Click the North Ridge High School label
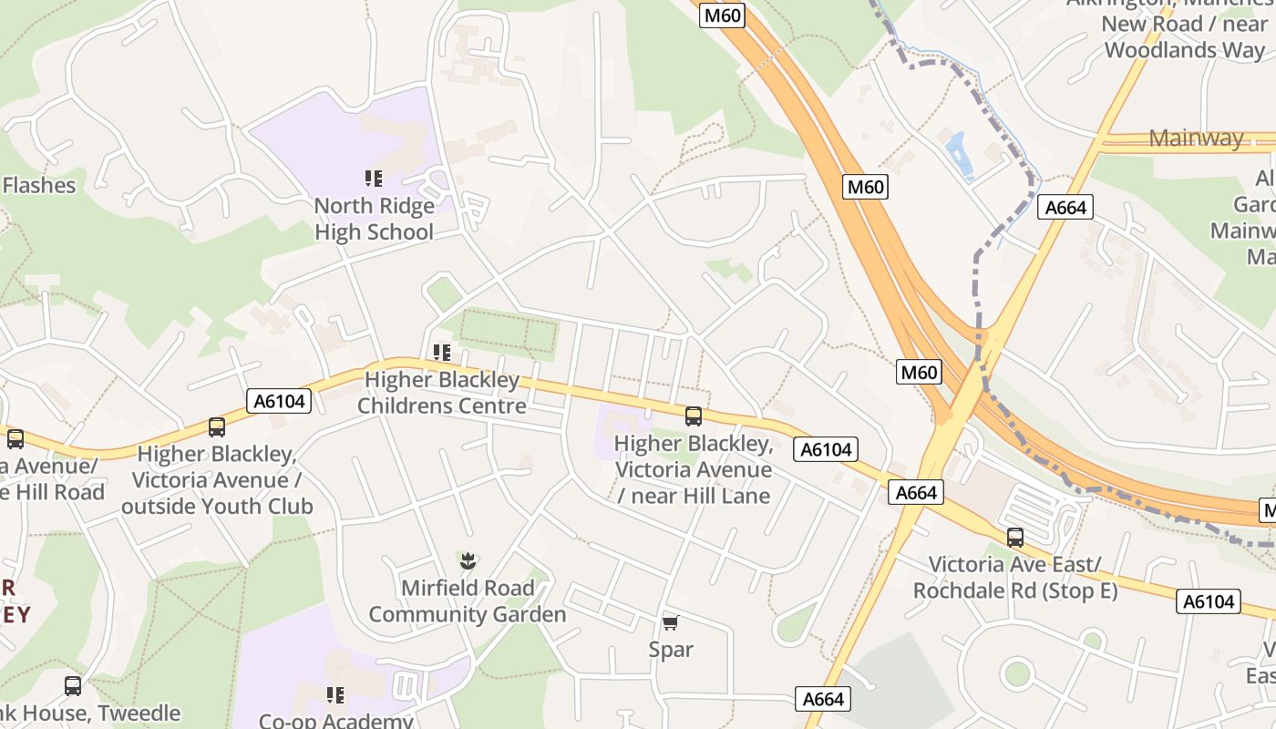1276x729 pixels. [375, 219]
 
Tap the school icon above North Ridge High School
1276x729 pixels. [374, 179]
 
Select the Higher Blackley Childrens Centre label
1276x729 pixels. [442, 393]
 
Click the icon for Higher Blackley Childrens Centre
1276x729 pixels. [442, 353]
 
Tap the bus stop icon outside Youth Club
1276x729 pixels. [217, 427]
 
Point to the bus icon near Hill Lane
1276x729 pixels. [694, 416]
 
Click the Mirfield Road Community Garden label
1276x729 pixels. [468, 601]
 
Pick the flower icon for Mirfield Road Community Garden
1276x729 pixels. [468, 560]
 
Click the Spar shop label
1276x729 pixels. [671, 650]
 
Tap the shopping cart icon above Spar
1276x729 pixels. [671, 622]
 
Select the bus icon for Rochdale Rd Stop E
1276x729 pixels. [1015, 538]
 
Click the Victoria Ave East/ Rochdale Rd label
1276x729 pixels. [1015, 578]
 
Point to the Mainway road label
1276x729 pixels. [1196, 139]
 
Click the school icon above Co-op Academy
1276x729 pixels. [335, 695]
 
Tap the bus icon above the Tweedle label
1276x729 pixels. [73, 685]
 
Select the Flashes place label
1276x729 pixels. [38, 185]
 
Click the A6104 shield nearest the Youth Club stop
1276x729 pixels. [279, 401]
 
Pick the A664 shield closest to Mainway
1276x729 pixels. [1065, 208]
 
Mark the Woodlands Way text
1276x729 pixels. [1185, 50]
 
